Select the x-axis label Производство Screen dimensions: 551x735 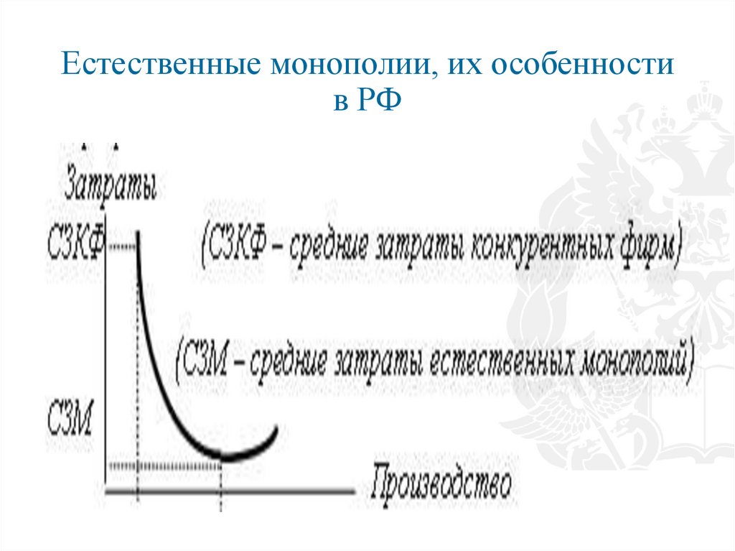click(442, 486)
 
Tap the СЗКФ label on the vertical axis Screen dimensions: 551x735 click(75, 245)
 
